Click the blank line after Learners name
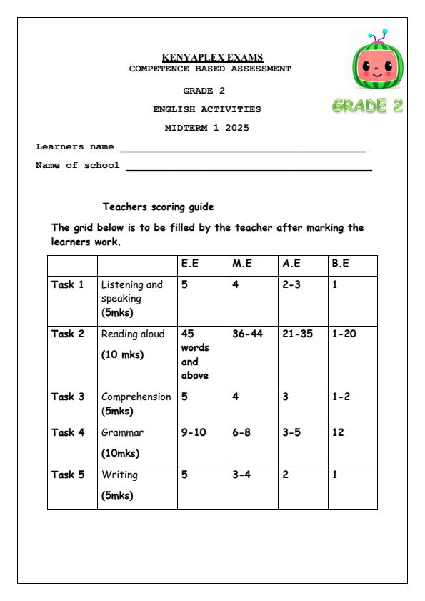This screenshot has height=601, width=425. coord(242,150)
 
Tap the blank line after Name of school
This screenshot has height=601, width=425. coord(248,169)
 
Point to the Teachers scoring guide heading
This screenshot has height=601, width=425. coord(158,207)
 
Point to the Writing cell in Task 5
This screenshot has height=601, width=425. coord(120,474)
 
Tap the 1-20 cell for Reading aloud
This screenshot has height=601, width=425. coord(343,334)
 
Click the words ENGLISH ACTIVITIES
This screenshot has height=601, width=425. coord(207,110)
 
